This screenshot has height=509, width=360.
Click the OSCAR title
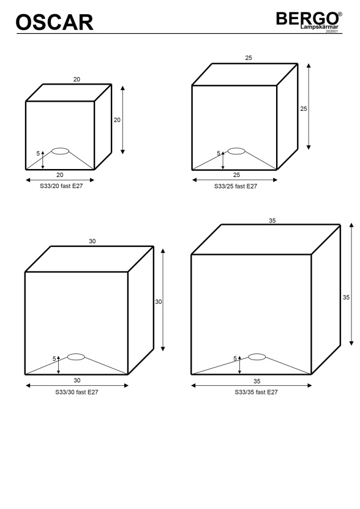[x=54, y=23]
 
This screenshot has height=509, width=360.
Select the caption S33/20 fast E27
[x=61, y=186]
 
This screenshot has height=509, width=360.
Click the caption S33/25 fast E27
[x=236, y=186]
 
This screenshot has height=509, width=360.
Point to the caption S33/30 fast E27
[x=77, y=392]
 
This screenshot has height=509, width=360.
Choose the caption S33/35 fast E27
[x=257, y=392]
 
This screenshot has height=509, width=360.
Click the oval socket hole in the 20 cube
[x=61, y=151]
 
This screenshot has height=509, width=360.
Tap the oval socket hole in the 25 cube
[x=236, y=151]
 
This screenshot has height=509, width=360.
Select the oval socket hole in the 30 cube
[x=76, y=357]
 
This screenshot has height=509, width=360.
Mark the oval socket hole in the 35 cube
[x=257, y=357]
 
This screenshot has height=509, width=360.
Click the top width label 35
[x=272, y=221]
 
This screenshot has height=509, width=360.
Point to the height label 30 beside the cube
[x=159, y=302]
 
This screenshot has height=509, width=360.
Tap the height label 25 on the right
[x=304, y=109]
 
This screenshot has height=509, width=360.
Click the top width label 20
[x=77, y=79]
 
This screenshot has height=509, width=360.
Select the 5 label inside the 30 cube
[x=54, y=359]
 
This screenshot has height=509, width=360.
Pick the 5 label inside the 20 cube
[x=38, y=153]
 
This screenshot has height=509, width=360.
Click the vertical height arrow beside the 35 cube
[x=351, y=284]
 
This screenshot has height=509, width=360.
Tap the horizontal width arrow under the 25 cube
[x=235, y=180]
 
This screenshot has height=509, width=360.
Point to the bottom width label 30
[x=77, y=380]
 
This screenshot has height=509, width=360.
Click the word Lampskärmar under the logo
[x=320, y=27]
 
